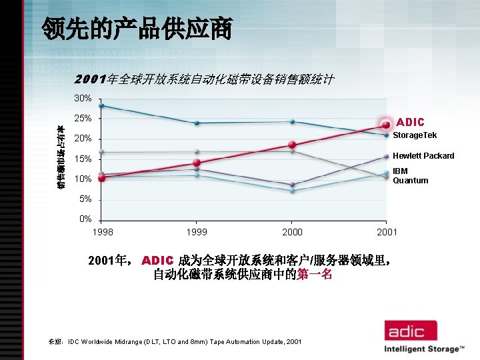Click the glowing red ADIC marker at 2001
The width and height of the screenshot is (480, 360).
[x=386, y=125]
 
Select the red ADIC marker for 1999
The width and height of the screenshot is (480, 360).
[x=197, y=163]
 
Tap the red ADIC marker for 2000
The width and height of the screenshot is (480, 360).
[x=292, y=145]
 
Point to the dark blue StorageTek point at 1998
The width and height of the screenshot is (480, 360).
[x=101, y=105]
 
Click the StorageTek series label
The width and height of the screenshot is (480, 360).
[x=415, y=135]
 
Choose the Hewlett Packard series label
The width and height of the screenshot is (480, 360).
[x=423, y=156]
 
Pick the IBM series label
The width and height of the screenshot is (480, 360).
[x=400, y=171]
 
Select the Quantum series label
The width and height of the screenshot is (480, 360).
[x=410, y=181]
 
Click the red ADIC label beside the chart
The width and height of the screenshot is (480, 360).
[x=410, y=123]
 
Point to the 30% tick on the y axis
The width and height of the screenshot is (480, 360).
[x=83, y=98]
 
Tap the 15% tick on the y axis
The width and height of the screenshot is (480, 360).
[x=83, y=159]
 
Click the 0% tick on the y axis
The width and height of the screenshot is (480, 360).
[x=85, y=219]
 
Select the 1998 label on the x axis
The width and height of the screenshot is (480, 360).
[x=102, y=232]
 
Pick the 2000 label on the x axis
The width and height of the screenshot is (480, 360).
[x=292, y=232]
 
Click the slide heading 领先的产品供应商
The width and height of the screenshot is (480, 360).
[x=137, y=28]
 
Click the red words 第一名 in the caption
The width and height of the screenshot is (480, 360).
[x=315, y=275]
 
